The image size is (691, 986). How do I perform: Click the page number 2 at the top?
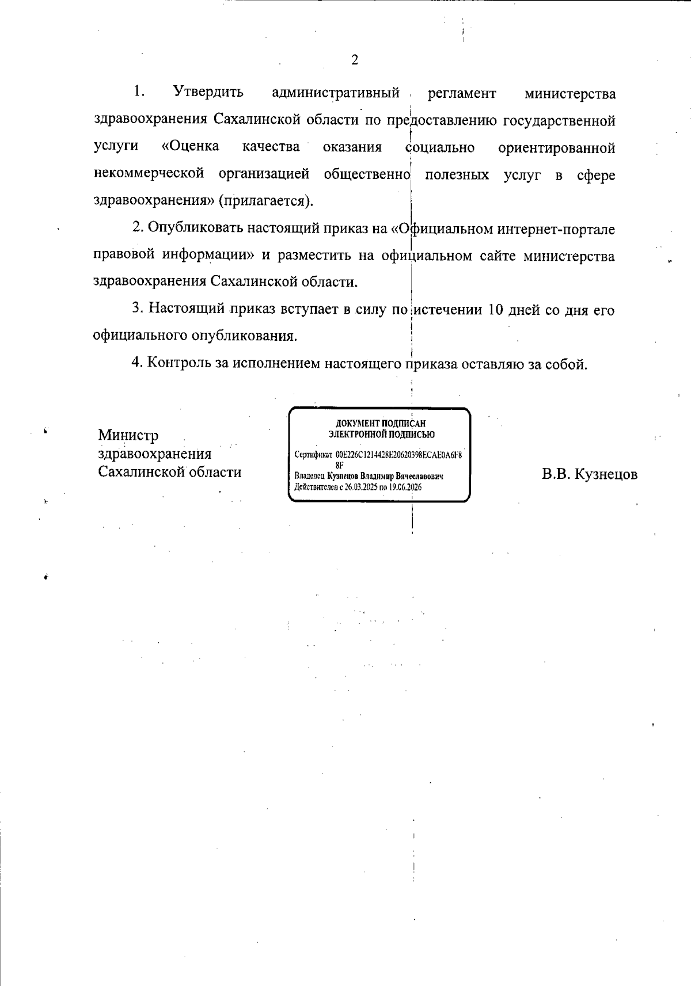(354, 60)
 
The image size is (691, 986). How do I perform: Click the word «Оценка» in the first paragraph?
(191, 146)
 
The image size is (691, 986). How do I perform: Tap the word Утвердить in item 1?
(208, 92)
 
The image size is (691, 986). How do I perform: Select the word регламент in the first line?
(461, 93)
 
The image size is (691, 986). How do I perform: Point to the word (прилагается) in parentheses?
(266, 201)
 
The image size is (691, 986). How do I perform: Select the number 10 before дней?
(496, 310)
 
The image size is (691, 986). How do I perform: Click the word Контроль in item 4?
(179, 363)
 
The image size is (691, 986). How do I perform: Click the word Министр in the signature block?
(128, 435)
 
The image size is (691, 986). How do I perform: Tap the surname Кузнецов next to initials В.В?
(606, 474)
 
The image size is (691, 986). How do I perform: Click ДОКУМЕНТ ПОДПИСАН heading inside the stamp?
(381, 424)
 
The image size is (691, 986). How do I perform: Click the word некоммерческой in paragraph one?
(149, 174)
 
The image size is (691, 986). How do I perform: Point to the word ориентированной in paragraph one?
(556, 148)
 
